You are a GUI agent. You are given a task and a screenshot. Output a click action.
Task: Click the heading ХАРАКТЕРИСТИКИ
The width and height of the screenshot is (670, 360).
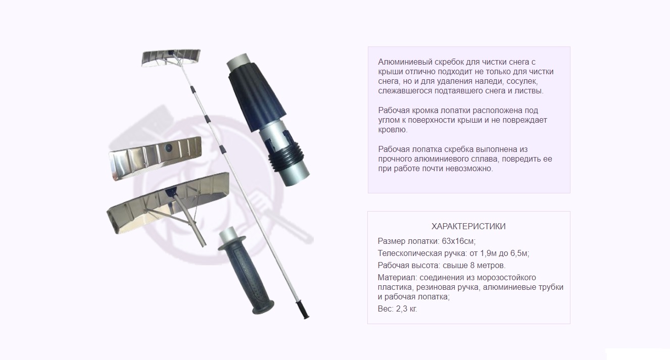pos(468,227)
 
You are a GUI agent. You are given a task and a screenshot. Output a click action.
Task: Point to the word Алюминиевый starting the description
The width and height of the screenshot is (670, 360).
pos(403,62)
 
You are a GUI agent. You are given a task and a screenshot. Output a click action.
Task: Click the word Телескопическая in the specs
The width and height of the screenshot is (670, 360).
pos(408,253)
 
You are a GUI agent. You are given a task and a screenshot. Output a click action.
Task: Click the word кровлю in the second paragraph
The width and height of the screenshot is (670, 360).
pos(393,130)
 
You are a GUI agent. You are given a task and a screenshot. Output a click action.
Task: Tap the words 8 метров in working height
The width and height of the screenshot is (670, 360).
pos(489,266)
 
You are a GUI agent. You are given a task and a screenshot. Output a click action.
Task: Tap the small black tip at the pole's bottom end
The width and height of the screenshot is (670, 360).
pos(305,312)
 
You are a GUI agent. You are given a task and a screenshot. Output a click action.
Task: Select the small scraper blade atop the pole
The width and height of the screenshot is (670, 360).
pos(171,57)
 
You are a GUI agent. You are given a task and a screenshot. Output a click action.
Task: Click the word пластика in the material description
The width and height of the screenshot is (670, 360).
pos(395,287)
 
